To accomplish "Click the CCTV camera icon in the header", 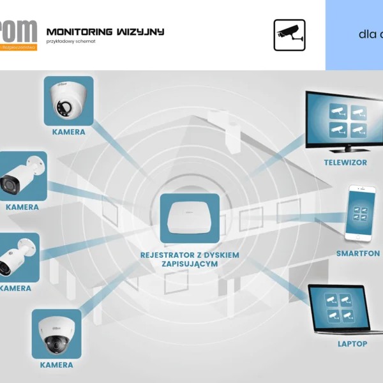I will (289, 35).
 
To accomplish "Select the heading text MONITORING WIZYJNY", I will (105, 31).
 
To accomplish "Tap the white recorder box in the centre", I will (190, 218).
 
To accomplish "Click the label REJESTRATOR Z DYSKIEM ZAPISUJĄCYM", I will (190, 259).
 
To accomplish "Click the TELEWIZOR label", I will (345, 163).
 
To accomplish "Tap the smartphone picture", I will (358, 213).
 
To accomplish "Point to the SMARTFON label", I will (358, 253).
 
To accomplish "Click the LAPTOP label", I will (352, 344).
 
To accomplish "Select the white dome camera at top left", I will (68, 101).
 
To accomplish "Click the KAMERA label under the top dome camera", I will (68, 132).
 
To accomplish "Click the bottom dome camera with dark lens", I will (57, 334).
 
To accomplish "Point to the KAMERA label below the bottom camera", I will (57, 365).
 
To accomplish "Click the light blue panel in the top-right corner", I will (354, 35).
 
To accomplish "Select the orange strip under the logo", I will (19, 47).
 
